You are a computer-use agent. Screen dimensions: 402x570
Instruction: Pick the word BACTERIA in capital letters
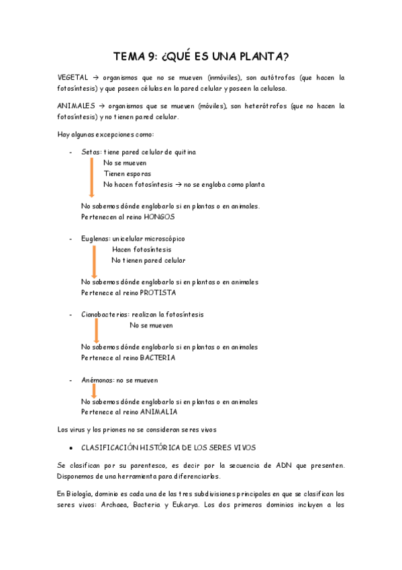coord(158,358)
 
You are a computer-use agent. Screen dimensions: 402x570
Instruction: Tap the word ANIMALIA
coord(159,411)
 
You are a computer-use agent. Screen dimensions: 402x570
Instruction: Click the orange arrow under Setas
coord(91,176)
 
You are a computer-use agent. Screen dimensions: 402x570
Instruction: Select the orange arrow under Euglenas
coord(95,261)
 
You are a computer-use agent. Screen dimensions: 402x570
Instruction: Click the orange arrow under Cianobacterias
coord(97,330)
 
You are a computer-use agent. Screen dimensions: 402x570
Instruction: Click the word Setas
coord(91,153)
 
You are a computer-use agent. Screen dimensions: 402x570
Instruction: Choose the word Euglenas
coord(96,239)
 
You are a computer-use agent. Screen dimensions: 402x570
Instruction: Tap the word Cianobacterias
coord(105,315)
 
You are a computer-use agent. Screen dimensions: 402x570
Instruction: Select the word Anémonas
coord(97,380)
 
